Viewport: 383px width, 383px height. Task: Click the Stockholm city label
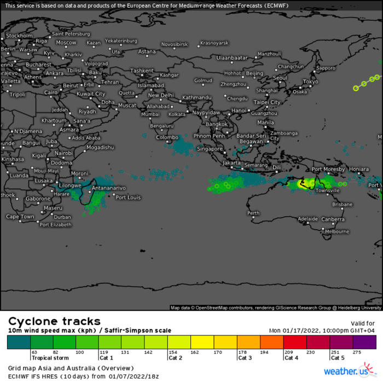pos(20,36)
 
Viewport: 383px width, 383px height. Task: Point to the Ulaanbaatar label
pos(232,57)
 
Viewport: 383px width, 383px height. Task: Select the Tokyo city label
pos(310,82)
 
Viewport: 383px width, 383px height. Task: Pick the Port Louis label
pos(129,198)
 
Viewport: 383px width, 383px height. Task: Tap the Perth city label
pos(253,213)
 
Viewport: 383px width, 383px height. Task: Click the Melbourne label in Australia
pos(336,231)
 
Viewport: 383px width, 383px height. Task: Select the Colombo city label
pos(167,137)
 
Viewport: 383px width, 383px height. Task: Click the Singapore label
pos(210,149)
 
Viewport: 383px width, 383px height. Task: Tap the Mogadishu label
pos(100,147)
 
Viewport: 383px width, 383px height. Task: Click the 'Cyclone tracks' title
pos(54,321)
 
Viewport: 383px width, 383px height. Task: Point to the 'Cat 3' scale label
pos(245,358)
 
